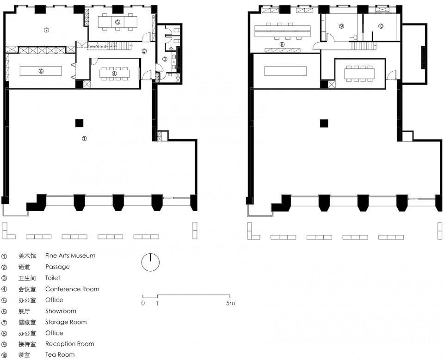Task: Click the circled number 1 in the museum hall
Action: (84, 139)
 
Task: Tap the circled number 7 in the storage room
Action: (46, 30)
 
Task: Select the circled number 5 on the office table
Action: (117, 22)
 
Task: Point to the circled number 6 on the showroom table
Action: (41, 71)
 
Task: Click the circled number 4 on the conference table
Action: (114, 73)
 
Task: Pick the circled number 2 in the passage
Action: (144, 51)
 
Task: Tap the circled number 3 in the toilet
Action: (165, 59)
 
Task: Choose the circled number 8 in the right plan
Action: (282, 44)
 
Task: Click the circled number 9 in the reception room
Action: (341, 26)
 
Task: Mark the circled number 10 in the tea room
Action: (381, 26)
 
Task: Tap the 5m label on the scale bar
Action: (230, 303)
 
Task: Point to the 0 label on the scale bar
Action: (143, 303)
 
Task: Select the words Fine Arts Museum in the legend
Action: (70, 256)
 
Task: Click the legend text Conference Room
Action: (72, 289)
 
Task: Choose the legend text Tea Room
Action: (60, 355)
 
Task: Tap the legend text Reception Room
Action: (70, 344)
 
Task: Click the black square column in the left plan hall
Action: (79, 123)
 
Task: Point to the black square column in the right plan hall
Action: (324, 123)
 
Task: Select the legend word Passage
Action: (57, 267)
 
